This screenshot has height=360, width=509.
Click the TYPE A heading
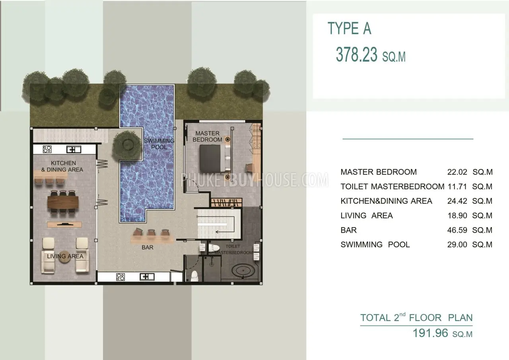point(349,28)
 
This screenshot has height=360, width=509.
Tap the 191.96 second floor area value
point(430,333)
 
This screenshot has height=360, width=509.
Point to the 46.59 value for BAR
point(457,230)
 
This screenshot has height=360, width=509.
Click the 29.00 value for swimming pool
point(457,245)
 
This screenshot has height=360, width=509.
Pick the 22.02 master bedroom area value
point(457,172)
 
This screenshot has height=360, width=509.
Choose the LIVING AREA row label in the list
point(367,216)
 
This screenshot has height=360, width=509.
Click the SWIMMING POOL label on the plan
point(159,144)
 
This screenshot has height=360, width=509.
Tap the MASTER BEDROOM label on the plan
point(207,136)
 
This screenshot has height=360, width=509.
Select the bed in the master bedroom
point(215,158)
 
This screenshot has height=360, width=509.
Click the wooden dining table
point(63,202)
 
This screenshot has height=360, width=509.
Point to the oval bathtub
point(243,270)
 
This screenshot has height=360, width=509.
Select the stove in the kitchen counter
point(47,149)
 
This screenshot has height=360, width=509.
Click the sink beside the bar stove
point(147,277)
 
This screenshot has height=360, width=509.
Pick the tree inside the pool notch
point(127,145)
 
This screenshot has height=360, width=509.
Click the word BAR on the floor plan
point(148,247)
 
